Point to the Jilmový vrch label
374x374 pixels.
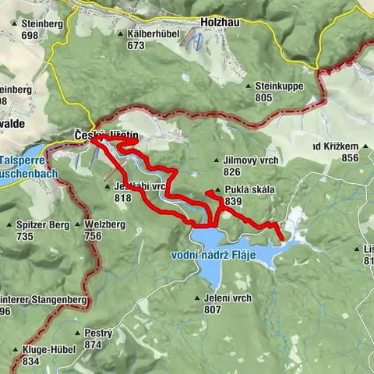251,160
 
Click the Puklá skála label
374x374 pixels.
248,189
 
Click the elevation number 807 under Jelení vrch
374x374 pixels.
213,309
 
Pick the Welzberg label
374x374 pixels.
105,225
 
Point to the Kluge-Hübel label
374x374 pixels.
48,350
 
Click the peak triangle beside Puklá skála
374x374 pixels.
207,192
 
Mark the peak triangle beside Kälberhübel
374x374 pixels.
119,35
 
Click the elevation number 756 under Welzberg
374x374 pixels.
93,236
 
